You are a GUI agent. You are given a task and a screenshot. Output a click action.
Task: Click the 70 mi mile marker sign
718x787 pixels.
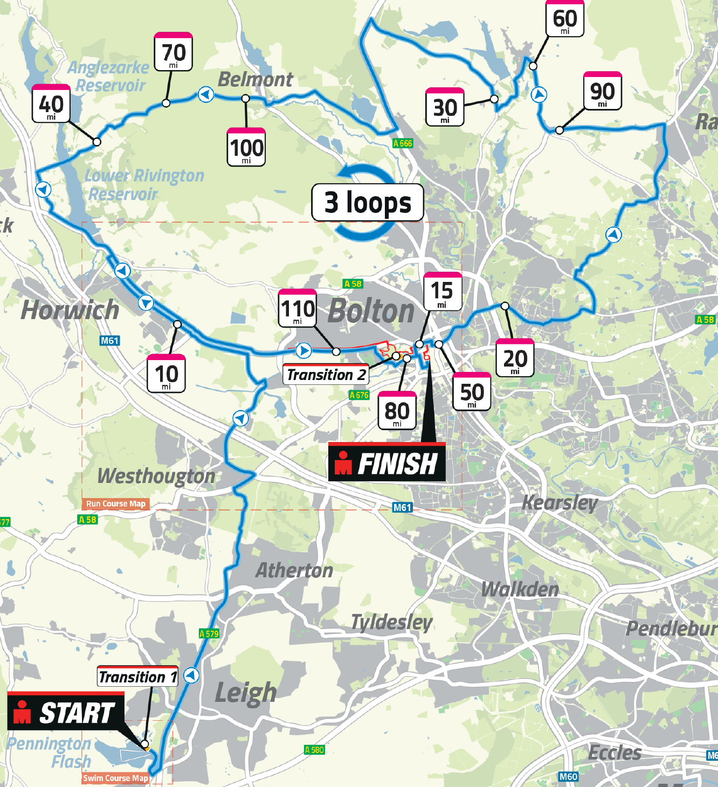173,52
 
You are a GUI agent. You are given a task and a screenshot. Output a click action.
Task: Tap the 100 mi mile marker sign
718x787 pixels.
246,147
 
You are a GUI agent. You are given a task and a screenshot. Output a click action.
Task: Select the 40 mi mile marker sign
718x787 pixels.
51,103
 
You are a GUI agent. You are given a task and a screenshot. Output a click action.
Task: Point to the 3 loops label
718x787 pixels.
368,203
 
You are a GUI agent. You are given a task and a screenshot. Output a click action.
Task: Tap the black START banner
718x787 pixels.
66,713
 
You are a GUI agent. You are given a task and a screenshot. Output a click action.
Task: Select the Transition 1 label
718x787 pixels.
138,676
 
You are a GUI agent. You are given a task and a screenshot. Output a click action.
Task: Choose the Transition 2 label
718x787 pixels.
326,374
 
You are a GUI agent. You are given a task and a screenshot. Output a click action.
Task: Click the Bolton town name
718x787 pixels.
371,311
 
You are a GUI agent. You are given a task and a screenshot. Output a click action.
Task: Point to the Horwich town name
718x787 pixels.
70,310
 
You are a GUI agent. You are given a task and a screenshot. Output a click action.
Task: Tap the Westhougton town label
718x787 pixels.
156,476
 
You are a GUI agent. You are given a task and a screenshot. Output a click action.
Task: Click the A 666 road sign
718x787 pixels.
403,143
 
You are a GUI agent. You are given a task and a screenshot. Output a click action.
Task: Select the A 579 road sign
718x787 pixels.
209,633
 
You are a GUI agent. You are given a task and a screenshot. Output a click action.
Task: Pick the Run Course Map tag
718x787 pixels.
115,504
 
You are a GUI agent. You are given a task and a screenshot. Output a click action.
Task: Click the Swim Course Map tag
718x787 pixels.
115,778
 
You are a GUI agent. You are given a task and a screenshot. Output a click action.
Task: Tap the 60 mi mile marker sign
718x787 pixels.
565,19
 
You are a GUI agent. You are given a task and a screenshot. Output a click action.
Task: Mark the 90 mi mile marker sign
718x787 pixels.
603,92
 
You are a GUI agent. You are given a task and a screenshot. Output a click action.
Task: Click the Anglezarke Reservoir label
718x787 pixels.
109,76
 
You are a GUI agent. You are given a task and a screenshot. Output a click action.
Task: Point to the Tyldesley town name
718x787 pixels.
392,622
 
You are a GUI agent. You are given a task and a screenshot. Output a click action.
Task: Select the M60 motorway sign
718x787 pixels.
568,777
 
